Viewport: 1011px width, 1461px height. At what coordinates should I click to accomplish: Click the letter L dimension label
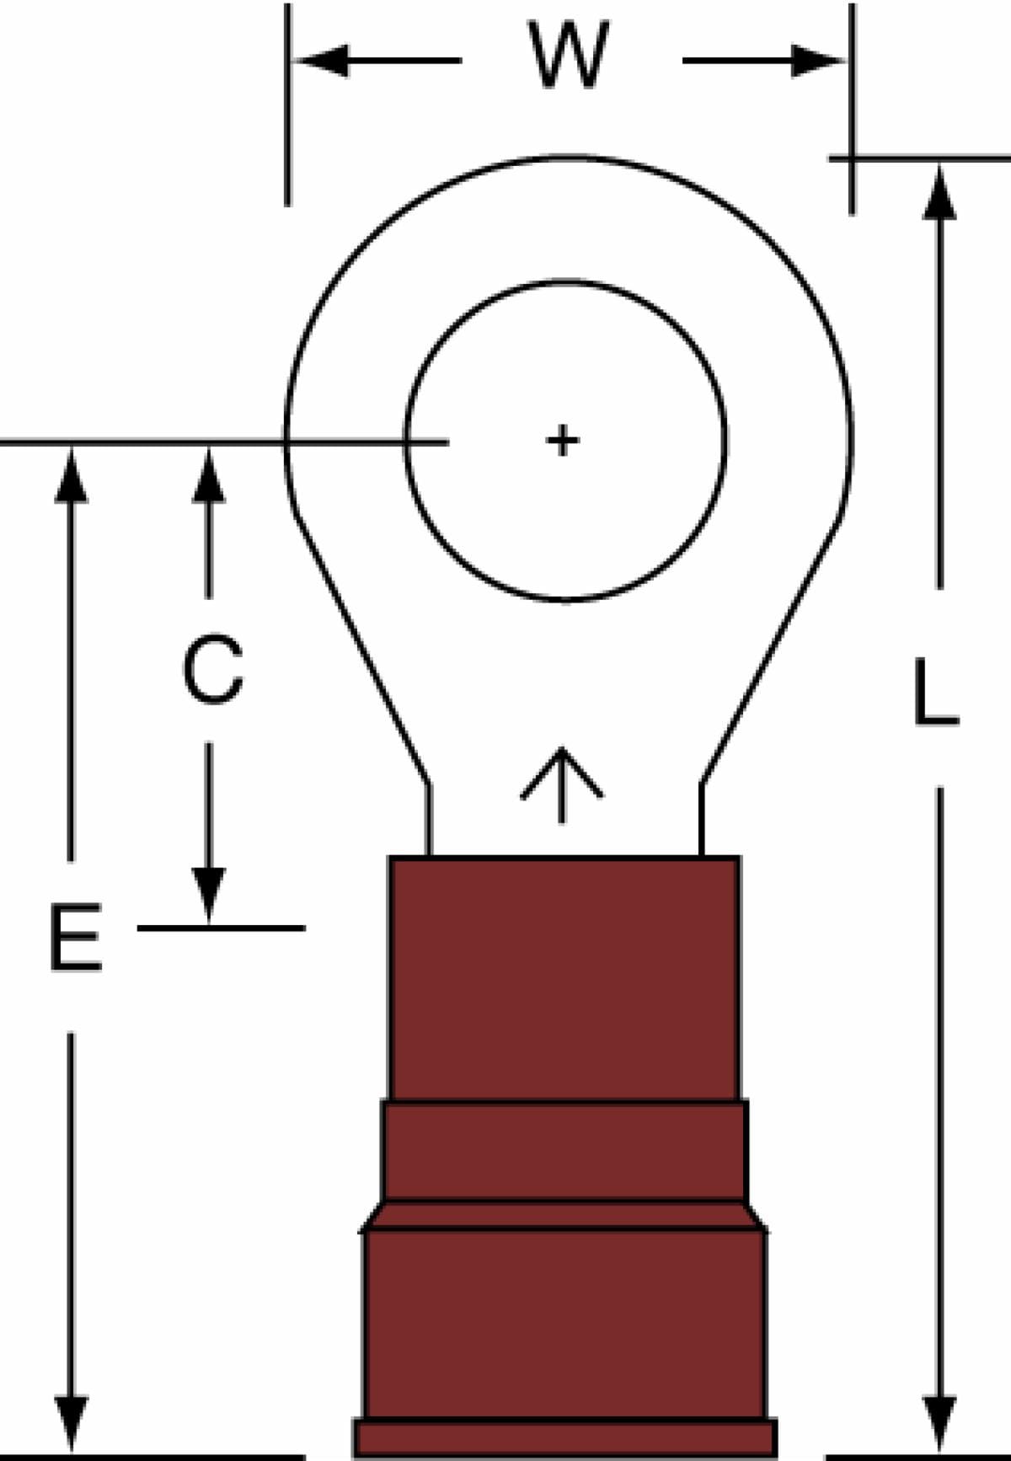pos(935,692)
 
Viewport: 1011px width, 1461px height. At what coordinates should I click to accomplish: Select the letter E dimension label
pos(76,937)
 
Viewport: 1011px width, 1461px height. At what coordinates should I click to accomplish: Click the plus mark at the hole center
pos(562,440)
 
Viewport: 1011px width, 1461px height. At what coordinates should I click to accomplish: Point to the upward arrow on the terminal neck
pos(562,784)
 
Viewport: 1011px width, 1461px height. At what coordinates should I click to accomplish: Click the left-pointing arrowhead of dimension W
pos(320,61)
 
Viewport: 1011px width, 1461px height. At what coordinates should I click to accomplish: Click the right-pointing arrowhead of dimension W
pos(817,61)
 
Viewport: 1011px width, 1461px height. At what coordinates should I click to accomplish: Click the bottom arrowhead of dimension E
pos(71,1424)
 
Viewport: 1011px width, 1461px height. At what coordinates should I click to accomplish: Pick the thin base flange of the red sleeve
pos(564,1439)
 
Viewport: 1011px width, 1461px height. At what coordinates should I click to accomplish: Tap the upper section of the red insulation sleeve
pos(564,978)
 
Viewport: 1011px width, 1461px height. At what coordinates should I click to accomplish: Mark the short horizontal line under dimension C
pos(221,928)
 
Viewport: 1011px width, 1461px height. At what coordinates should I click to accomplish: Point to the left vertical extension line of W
pos(287,104)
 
